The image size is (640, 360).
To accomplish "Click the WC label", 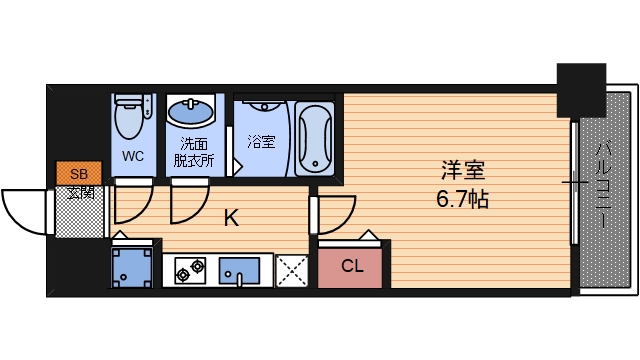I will click(x=133, y=156).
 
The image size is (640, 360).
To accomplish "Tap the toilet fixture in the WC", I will click(x=131, y=116).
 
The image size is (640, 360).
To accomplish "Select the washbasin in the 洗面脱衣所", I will click(x=190, y=111).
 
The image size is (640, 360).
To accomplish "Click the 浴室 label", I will click(x=261, y=141).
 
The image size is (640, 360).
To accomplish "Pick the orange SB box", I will click(x=71, y=172).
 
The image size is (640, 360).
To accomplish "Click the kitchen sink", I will click(x=239, y=269).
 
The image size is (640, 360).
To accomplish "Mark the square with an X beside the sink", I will click(x=292, y=269).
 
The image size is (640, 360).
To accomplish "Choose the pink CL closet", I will click(x=352, y=266).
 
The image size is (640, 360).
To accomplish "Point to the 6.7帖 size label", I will click(x=462, y=198).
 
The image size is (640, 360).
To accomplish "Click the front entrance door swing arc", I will click(x=25, y=209).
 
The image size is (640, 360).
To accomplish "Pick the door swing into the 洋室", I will click(x=335, y=212).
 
